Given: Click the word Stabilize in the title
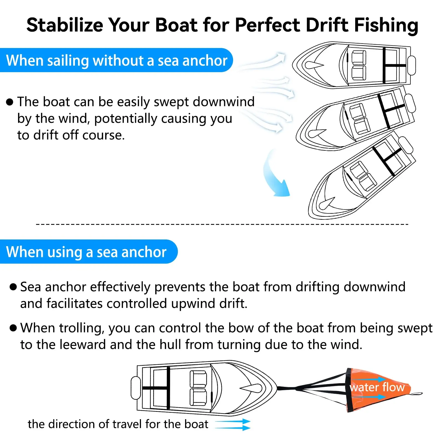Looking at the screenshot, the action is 65,25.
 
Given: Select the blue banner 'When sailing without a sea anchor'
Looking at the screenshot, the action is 116,60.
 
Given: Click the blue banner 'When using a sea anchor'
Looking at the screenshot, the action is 89,252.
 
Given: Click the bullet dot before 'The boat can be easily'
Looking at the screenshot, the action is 10,102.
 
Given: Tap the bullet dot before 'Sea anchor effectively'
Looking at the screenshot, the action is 13,287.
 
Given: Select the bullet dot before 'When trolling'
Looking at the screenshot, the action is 13,328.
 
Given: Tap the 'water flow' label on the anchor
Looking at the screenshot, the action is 377,387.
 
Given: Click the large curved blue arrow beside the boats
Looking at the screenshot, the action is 275,174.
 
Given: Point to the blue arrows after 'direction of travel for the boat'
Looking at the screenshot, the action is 233,425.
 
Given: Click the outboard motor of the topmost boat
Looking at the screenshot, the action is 412,65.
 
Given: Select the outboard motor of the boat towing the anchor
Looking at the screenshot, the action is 136,388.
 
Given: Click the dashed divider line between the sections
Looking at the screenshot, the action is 222,224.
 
